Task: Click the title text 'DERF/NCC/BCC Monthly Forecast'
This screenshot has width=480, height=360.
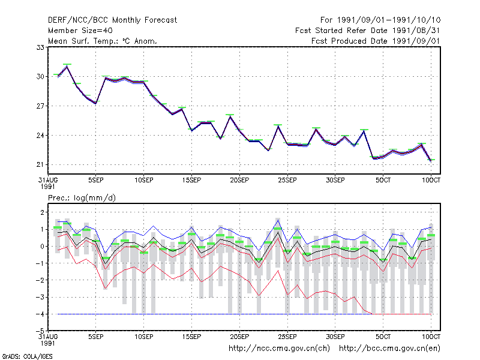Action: coord(112,20)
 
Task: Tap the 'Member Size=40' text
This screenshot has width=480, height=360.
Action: coord(80,31)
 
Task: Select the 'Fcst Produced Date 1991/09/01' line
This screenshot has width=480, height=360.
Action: coord(376,41)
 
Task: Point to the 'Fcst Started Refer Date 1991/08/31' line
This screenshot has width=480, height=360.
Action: coord(367,31)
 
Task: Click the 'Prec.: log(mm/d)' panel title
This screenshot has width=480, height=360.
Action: coord(82,198)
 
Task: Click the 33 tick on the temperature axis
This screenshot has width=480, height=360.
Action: coord(40,47)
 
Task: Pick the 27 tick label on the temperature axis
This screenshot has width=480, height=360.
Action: coord(40,106)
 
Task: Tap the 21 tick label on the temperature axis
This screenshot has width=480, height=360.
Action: coord(40,164)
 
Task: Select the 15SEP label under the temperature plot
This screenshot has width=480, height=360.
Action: coord(191,180)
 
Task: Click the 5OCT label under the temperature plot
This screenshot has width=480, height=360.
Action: coord(383,180)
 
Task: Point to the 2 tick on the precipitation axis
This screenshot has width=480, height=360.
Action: coord(42,212)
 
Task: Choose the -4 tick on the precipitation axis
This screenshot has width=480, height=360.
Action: coord(40,314)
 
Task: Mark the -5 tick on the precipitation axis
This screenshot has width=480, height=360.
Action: coord(40,331)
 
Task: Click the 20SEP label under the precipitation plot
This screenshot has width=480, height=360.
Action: coord(239,337)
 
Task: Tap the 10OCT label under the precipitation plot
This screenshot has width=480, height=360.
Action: coord(431,337)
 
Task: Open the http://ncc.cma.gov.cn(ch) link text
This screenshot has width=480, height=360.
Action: coord(279,349)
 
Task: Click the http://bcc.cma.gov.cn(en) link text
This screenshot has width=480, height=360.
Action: coord(389,349)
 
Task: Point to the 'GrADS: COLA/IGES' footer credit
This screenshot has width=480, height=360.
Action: coord(27,356)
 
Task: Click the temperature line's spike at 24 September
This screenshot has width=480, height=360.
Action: coord(278,126)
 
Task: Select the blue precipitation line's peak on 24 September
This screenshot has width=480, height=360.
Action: coord(278,220)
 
